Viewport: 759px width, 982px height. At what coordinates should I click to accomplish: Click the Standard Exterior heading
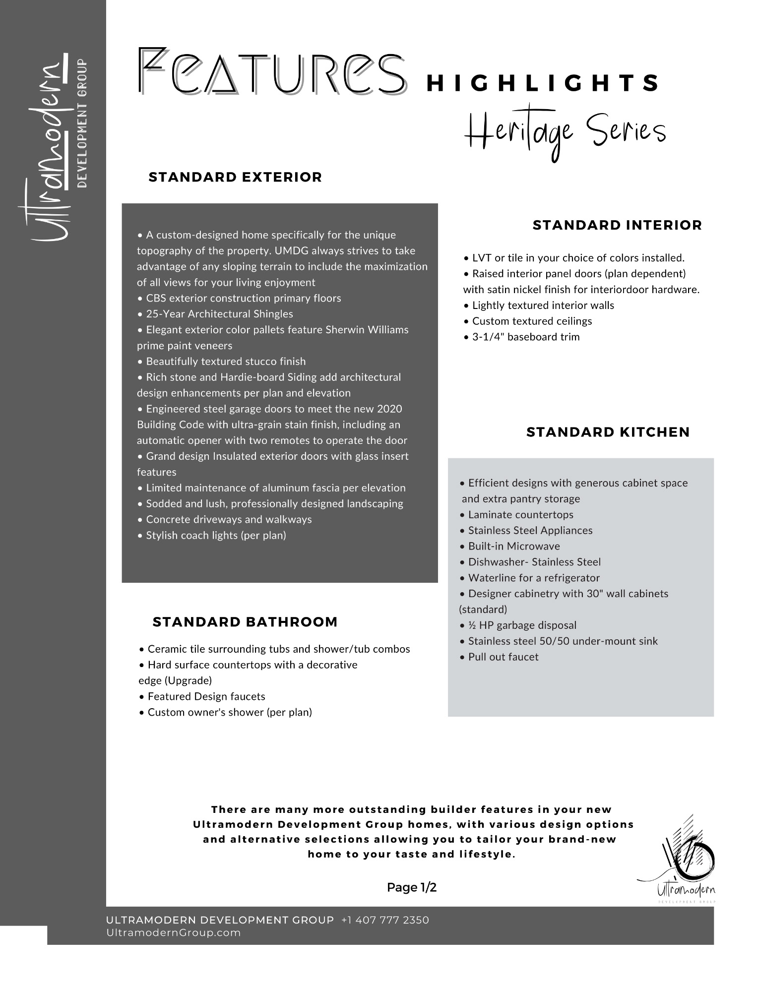pyautogui.click(x=235, y=177)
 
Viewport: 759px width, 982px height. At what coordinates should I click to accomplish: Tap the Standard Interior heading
pyautogui.click(x=617, y=225)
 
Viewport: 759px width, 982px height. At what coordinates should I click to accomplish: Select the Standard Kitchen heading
pyautogui.click(x=608, y=432)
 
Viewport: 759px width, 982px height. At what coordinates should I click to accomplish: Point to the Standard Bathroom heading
pyautogui.click(x=245, y=622)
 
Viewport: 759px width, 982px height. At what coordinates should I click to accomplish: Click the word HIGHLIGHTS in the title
pyautogui.click(x=543, y=83)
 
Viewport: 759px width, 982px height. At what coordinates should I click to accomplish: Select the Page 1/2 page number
pyautogui.click(x=412, y=887)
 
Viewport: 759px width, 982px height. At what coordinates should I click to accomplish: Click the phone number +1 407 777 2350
pyautogui.click(x=385, y=920)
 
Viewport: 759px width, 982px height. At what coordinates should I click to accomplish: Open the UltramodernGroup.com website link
pyautogui.click(x=174, y=932)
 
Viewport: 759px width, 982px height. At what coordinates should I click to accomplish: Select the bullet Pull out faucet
pyautogui.click(x=500, y=657)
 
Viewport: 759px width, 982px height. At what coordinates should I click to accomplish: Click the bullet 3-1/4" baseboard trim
pyautogui.click(x=522, y=337)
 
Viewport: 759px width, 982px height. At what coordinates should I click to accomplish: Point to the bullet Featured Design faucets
pyautogui.click(x=202, y=696)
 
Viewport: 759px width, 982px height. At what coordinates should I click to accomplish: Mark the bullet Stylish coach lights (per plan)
pyautogui.click(x=212, y=535)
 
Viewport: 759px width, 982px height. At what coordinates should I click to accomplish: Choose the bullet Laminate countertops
pyautogui.click(x=517, y=514)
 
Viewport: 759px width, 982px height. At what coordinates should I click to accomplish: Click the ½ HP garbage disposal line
pyautogui.click(x=518, y=625)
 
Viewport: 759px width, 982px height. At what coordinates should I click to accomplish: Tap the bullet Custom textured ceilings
pyautogui.click(x=528, y=321)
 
